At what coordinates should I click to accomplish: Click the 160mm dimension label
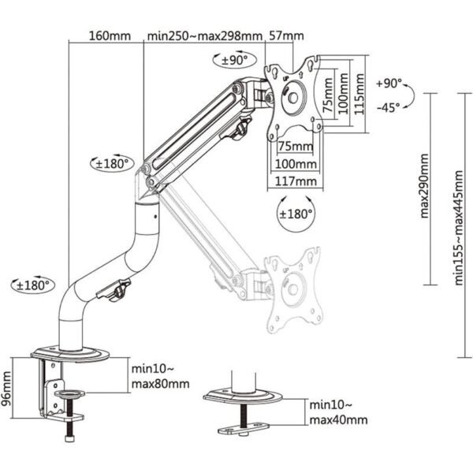(x=110, y=36)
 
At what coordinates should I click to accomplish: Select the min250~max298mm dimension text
(x=205, y=36)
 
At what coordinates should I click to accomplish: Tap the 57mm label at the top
(x=286, y=35)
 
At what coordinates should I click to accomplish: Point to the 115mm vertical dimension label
(x=359, y=94)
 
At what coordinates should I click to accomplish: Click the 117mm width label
(x=296, y=181)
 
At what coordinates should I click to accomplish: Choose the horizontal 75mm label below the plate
(x=296, y=147)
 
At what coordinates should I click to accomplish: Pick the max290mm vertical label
(x=424, y=186)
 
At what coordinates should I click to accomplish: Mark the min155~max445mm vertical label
(x=459, y=228)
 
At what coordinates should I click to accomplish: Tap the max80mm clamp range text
(x=161, y=384)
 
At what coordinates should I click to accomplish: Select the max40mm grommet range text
(x=338, y=420)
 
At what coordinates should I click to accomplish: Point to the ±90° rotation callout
(x=235, y=59)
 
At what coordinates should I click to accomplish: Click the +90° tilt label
(x=389, y=84)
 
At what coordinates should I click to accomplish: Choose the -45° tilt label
(x=389, y=107)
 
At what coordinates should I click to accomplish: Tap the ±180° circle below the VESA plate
(x=296, y=214)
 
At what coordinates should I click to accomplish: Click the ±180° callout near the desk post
(x=33, y=285)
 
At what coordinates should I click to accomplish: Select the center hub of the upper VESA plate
(x=293, y=97)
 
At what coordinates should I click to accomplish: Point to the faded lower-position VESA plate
(x=293, y=290)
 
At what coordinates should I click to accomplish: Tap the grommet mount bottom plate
(x=243, y=428)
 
